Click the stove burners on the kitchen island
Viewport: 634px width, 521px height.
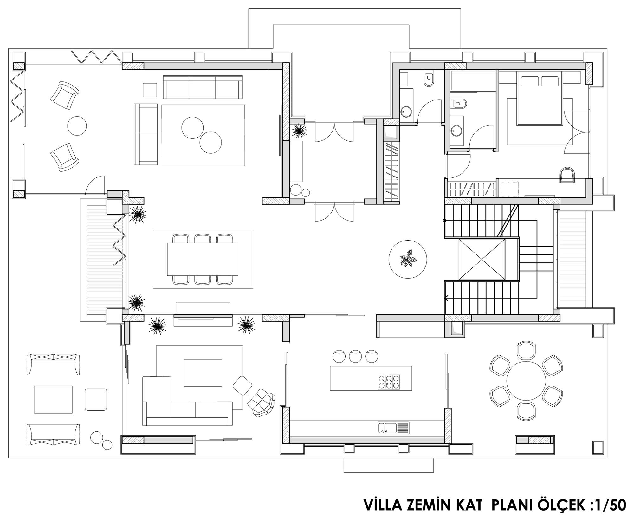click(389, 382)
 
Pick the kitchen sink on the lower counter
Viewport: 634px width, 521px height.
click(393, 428)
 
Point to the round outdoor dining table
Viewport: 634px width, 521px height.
click(526, 381)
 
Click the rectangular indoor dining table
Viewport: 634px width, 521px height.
click(203, 259)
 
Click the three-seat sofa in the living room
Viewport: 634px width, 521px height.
click(203, 87)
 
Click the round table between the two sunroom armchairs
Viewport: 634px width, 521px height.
click(77, 126)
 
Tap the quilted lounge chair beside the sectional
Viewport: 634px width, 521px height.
click(261, 402)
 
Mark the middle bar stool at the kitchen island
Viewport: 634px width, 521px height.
click(355, 356)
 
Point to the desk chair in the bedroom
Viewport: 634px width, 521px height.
click(567, 175)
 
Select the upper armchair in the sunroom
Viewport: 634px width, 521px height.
click(65, 95)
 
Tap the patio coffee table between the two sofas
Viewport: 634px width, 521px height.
click(53, 399)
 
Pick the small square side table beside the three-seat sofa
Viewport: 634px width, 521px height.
click(150, 90)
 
